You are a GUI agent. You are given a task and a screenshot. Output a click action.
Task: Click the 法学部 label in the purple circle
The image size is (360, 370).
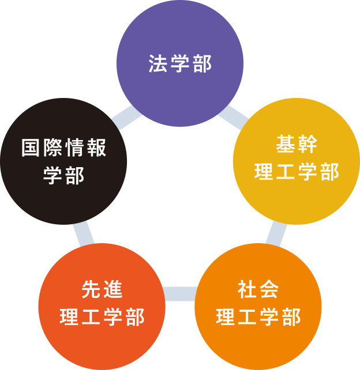(180, 63)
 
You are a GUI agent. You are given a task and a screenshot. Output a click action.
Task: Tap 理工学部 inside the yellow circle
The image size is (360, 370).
(297, 172)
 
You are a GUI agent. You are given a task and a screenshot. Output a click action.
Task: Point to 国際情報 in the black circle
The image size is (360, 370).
(64, 148)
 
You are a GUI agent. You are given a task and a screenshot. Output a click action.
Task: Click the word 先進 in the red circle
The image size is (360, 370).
(102, 290)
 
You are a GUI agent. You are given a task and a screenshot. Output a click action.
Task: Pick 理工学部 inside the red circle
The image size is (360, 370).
(102, 318)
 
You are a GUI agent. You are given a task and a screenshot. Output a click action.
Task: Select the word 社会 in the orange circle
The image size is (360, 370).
(258, 290)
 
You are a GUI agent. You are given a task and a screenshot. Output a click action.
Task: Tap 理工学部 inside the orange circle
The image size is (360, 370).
(258, 318)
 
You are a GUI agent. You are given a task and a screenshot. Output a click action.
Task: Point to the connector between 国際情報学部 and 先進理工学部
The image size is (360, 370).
(84, 233)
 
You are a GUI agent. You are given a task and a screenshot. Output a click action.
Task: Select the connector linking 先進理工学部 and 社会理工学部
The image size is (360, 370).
(180, 293)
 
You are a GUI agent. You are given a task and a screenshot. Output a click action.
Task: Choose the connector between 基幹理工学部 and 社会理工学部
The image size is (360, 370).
(277, 233)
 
